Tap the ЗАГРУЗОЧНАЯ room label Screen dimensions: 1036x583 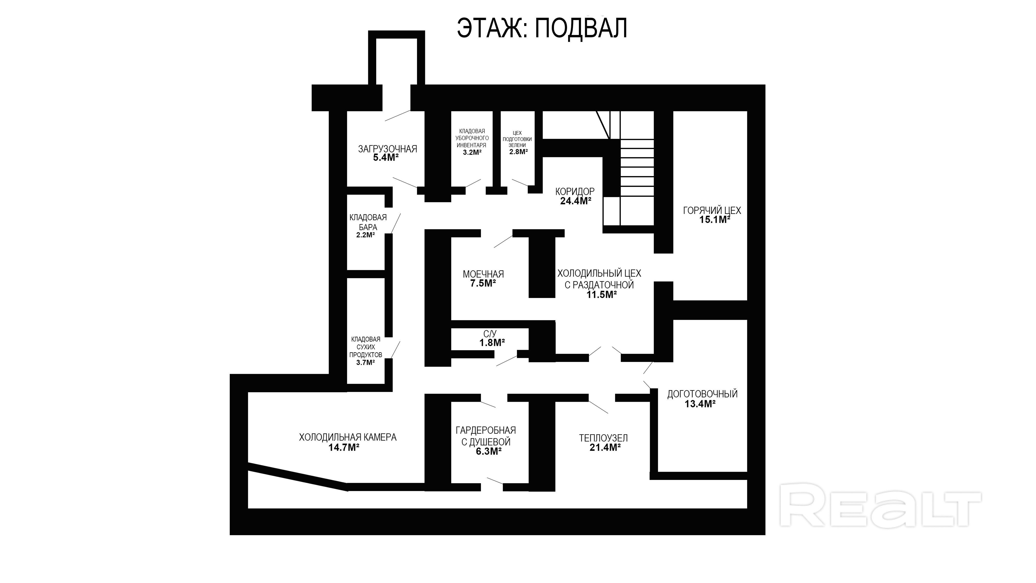tap(387, 149)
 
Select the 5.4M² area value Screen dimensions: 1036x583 tap(386, 158)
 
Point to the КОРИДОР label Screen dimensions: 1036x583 tap(575, 192)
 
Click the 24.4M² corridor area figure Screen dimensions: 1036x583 tap(576, 201)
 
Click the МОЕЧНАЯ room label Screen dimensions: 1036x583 tap(483, 274)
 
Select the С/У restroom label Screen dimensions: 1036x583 tap(490, 334)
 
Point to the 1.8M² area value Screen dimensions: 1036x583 tap(492, 343)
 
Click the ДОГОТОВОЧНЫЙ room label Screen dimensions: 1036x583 tap(702, 394)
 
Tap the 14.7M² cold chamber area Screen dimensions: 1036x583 tap(344, 448)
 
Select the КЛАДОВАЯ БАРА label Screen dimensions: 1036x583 tap(368, 222)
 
